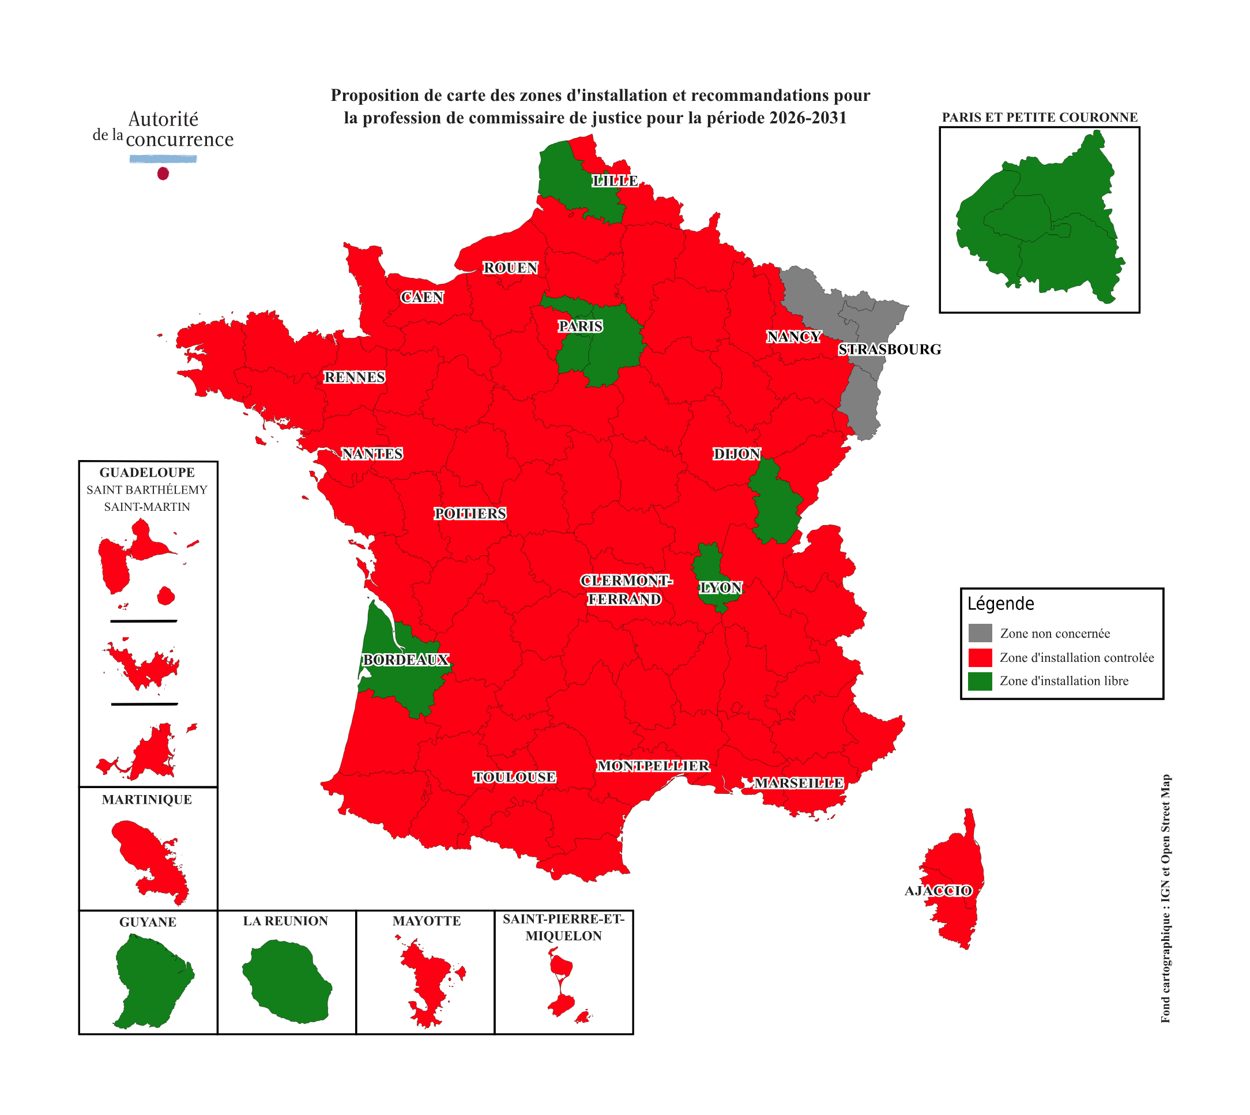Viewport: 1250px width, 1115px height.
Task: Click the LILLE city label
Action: (x=615, y=180)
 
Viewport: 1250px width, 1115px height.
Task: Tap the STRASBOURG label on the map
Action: (x=889, y=349)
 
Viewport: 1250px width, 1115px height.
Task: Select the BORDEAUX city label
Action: (x=406, y=660)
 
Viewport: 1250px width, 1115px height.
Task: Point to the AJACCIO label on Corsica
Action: (x=938, y=891)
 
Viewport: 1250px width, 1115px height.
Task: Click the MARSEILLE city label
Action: (x=799, y=783)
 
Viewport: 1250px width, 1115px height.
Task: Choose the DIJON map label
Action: (x=736, y=454)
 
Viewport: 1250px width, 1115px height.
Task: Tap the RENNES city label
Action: (x=354, y=378)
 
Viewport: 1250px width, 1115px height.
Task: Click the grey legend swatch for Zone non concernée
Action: (x=980, y=633)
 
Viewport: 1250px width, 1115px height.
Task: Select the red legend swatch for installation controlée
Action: (x=980, y=657)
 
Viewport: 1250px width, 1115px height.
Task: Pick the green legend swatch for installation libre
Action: (x=980, y=681)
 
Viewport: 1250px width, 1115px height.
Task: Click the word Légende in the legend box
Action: (x=1000, y=604)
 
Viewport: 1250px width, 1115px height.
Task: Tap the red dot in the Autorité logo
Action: (x=163, y=174)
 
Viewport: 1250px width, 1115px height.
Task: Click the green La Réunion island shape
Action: (x=287, y=982)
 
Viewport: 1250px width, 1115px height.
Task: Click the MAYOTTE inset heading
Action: (x=427, y=921)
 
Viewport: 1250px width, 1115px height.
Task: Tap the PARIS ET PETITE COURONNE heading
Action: (x=1039, y=117)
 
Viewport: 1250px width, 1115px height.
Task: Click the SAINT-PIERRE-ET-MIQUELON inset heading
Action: (x=563, y=927)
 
